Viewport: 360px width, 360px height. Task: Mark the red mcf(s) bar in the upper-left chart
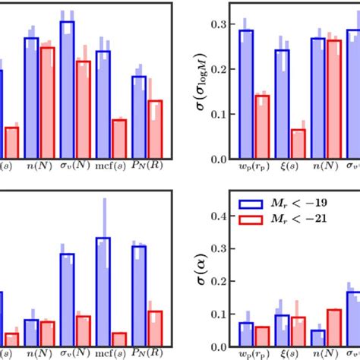pyautogui.click(x=118, y=138)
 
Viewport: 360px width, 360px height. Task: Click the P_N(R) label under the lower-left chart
pyautogui.click(x=147, y=353)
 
